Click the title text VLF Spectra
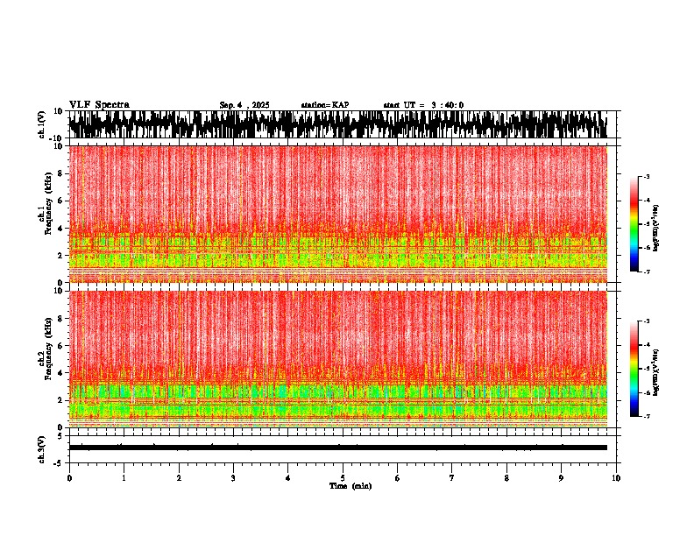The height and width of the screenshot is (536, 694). click(99, 105)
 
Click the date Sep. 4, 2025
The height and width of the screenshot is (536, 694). click(244, 105)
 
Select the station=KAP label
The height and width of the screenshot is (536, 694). click(324, 105)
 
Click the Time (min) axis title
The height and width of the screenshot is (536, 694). click(350, 485)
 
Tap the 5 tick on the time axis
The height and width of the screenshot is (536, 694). click(343, 478)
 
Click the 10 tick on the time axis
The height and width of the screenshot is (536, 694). click(616, 478)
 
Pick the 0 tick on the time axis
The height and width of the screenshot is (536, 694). click(69, 478)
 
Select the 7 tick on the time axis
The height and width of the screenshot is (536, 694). click(452, 478)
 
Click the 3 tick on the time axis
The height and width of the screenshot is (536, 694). click(233, 478)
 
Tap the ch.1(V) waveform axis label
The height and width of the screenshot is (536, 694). click(42, 124)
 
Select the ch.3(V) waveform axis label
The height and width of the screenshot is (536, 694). click(42, 448)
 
